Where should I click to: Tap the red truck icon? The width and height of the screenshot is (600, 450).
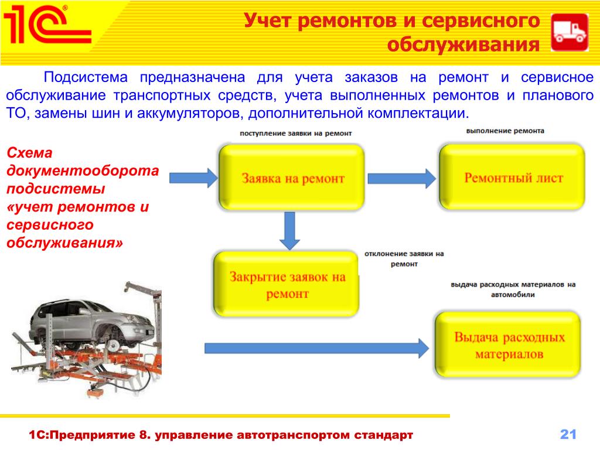(x=570, y=33)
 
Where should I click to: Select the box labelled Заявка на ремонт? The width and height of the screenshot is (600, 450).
(x=292, y=178)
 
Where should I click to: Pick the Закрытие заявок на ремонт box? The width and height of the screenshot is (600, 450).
(x=286, y=284)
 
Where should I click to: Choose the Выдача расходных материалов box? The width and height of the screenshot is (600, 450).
(x=508, y=345)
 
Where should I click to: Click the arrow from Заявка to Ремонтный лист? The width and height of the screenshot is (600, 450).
(x=402, y=178)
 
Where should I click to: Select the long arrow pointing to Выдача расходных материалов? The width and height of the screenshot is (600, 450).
(x=317, y=348)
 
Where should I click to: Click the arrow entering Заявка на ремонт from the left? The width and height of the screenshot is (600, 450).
(x=193, y=178)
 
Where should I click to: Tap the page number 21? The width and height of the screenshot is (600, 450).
(x=568, y=434)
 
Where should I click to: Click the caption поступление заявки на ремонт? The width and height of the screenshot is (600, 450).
(x=296, y=133)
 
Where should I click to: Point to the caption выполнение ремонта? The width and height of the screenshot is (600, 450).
(x=505, y=131)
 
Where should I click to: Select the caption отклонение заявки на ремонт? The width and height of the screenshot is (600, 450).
(x=404, y=258)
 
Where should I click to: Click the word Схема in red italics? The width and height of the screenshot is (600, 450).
(x=29, y=153)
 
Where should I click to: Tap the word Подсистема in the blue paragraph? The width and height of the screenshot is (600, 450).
(x=86, y=77)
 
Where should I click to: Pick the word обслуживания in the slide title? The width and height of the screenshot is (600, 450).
(x=463, y=45)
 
